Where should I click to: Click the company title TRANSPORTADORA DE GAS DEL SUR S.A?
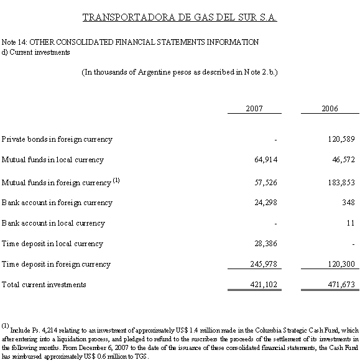pyautogui.click(x=180, y=17)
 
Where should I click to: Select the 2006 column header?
pyautogui.click(x=330, y=108)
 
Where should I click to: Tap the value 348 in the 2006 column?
pyautogui.click(x=348, y=202)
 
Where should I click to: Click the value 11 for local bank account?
pyautogui.click(x=351, y=223)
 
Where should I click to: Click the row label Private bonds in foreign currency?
pyautogui.click(x=57, y=139)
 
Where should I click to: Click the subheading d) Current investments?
pyautogui.click(x=36, y=52)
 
